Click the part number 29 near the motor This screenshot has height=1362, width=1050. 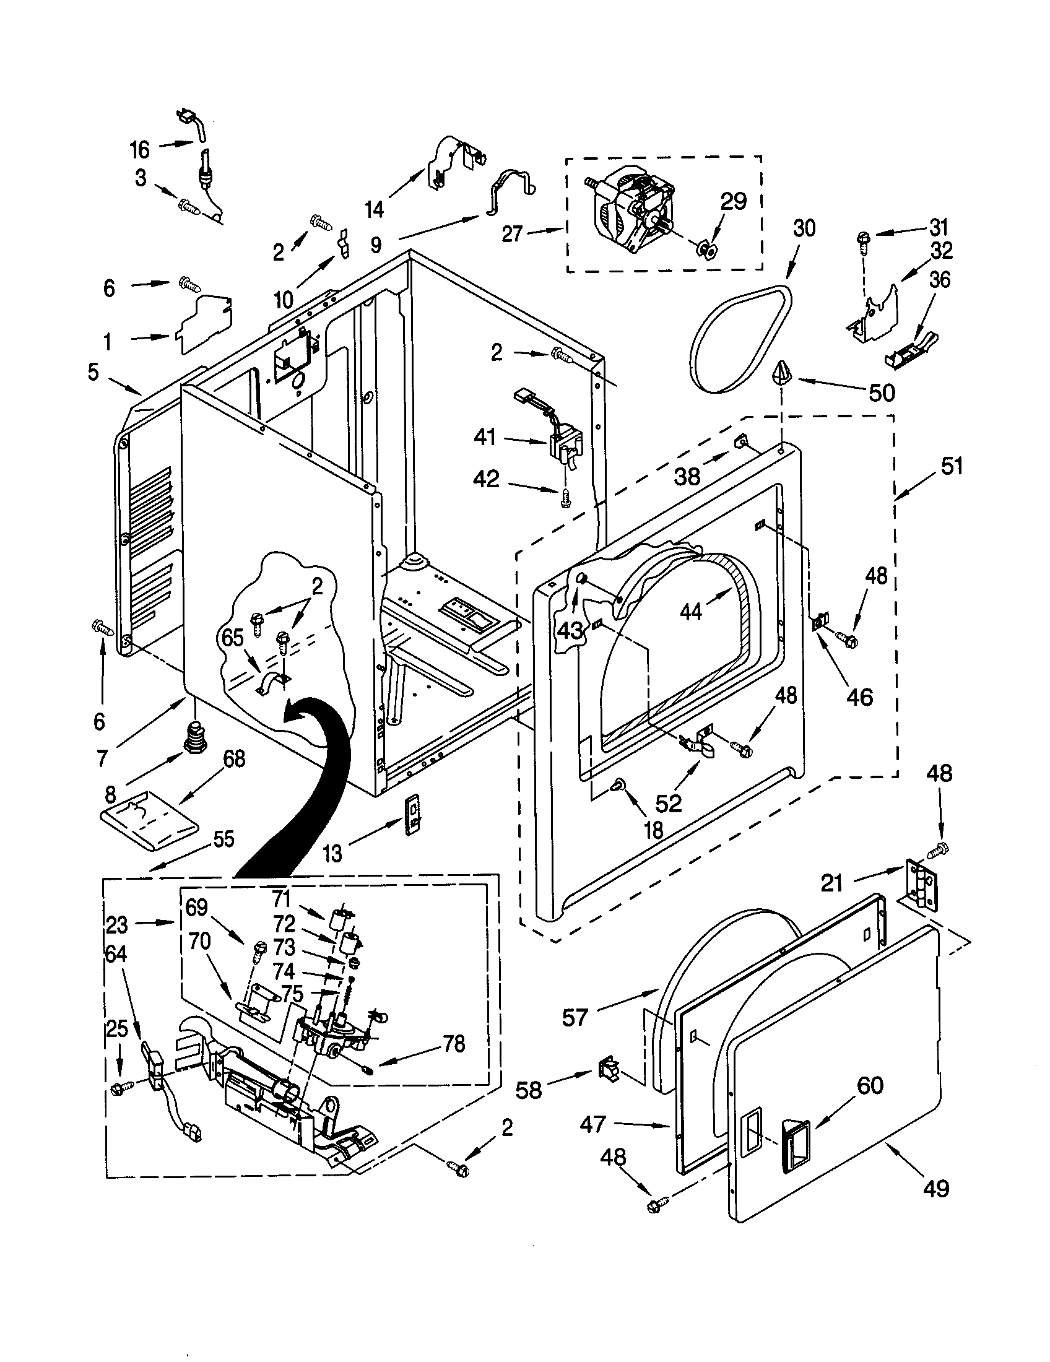733,201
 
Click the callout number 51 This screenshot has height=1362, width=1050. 952,466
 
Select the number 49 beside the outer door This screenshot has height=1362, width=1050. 936,1188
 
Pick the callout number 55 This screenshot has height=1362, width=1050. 223,839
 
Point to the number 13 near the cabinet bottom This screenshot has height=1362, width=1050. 333,854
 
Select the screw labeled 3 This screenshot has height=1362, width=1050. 189,206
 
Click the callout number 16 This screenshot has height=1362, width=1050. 140,149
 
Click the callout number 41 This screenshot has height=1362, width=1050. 485,437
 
